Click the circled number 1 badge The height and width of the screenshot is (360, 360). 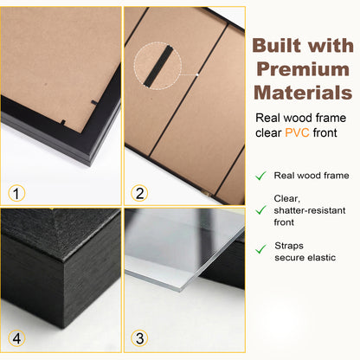tap(16, 193)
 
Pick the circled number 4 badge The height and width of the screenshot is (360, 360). tap(16, 337)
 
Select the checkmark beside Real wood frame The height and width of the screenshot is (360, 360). tap(260, 176)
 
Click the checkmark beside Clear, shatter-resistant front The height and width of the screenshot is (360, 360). tap(260, 209)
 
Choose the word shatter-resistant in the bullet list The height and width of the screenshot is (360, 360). tap(311, 209)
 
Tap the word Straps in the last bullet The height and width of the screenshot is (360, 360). tap(290, 246)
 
